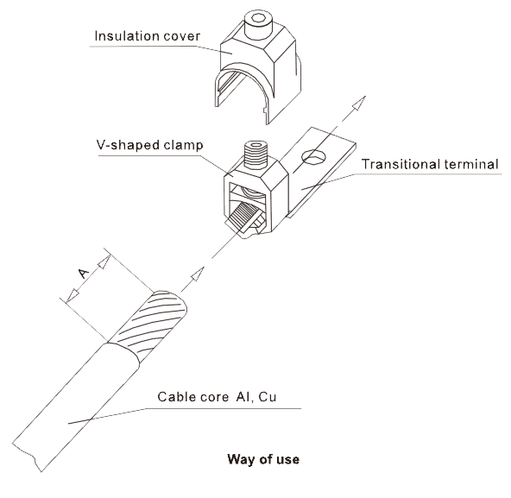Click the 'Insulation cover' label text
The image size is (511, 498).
[x=148, y=36]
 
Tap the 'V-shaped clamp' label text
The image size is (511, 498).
[x=149, y=145]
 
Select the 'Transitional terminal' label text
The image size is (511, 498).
[x=430, y=164]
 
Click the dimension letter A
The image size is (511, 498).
[x=84, y=274]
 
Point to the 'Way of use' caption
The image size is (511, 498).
[x=263, y=459]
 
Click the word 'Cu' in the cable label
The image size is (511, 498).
[x=268, y=397]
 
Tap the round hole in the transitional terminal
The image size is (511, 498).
[x=314, y=157]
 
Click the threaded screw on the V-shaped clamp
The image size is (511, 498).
[x=256, y=154]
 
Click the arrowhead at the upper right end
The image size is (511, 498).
[x=359, y=104]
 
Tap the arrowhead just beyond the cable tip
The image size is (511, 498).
[x=197, y=274]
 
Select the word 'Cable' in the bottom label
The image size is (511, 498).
[x=177, y=397]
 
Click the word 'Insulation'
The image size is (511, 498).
[x=128, y=36]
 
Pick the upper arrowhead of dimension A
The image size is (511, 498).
[x=104, y=262]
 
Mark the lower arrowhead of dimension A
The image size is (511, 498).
[x=73, y=295]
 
